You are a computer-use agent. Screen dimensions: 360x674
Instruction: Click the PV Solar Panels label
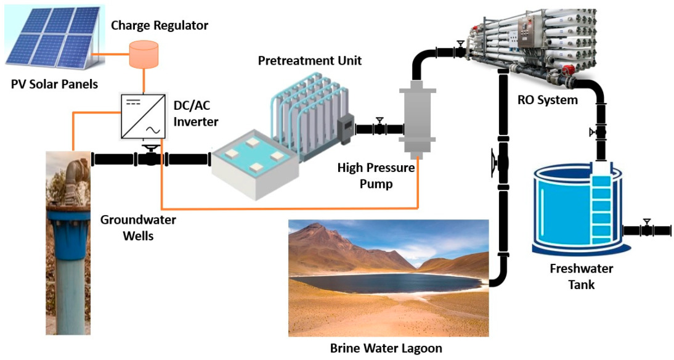pyautogui.click(x=54, y=84)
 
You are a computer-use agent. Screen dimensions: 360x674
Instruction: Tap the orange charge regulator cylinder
pyautogui.click(x=144, y=55)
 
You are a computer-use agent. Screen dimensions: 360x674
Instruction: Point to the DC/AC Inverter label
pyautogui.click(x=195, y=114)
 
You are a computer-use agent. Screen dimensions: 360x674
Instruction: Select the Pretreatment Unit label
pyautogui.click(x=309, y=60)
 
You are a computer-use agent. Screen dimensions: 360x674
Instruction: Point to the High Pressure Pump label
pyautogui.click(x=376, y=176)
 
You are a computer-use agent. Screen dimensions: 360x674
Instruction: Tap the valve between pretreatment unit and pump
pyautogui.click(x=380, y=128)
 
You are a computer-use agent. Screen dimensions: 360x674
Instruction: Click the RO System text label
pyautogui.click(x=547, y=100)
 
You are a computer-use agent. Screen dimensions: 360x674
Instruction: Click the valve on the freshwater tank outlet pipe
pyautogui.click(x=646, y=229)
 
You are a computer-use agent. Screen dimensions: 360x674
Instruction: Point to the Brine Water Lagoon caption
pyautogui.click(x=386, y=348)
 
